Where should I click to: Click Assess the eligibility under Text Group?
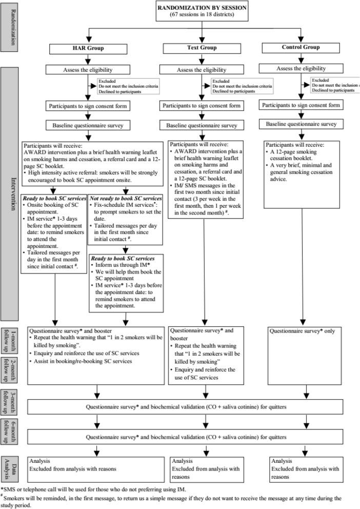click(204, 69)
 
